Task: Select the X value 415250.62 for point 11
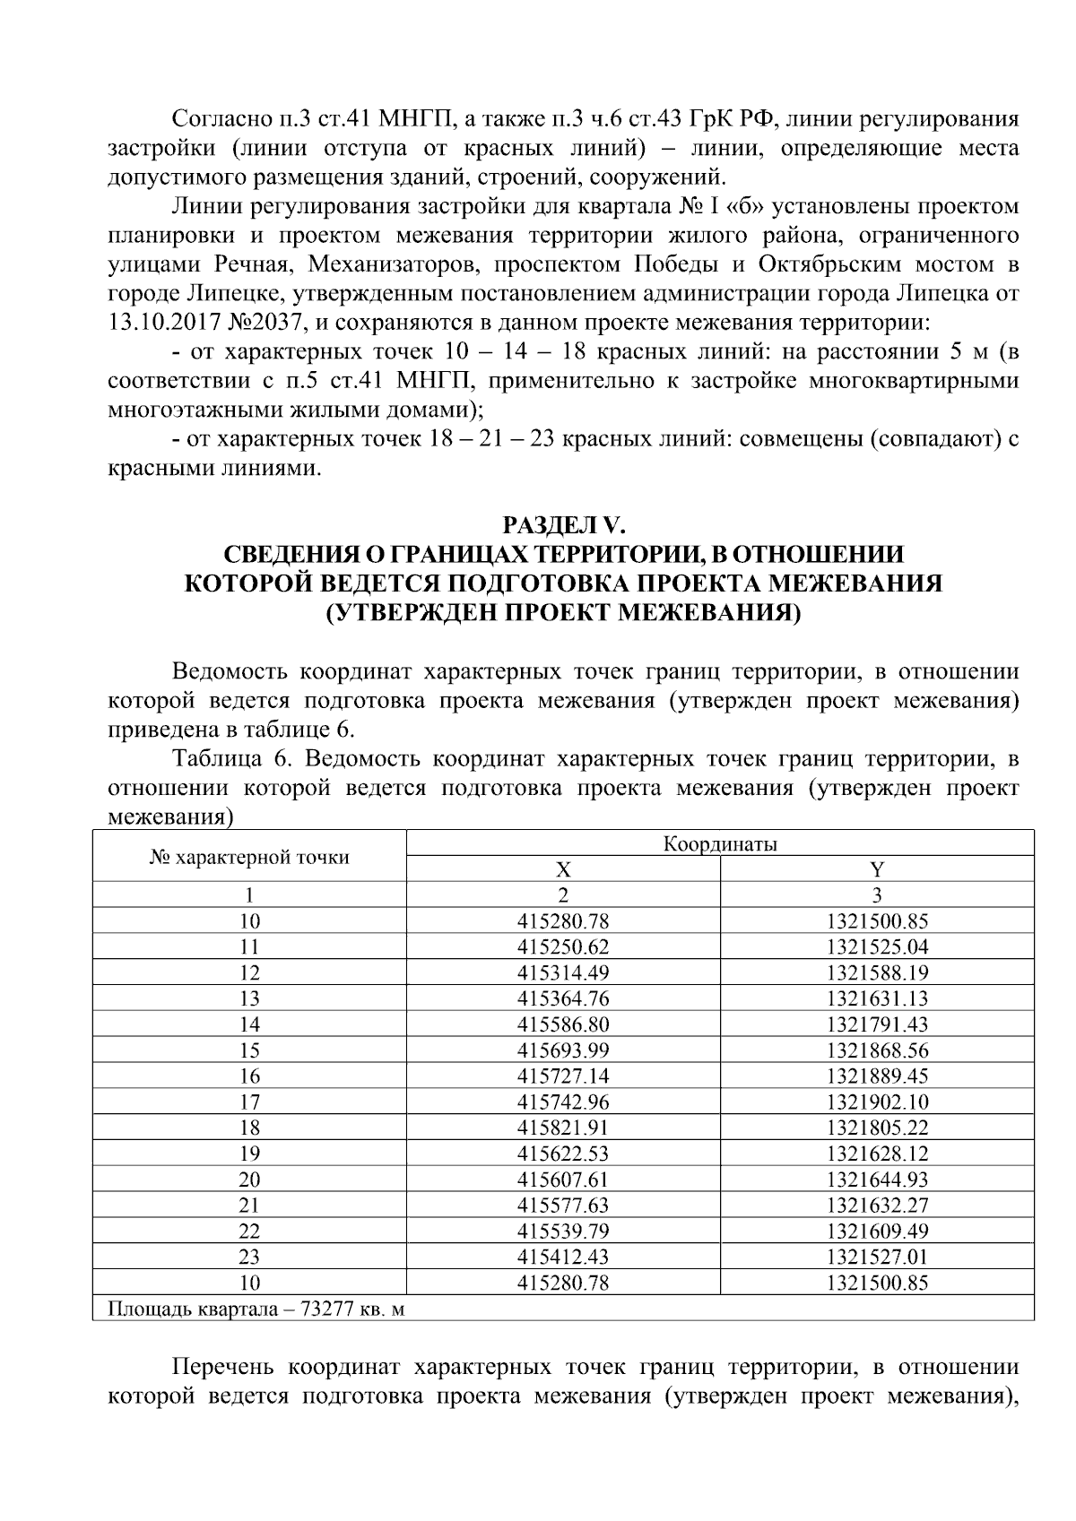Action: click(562, 946)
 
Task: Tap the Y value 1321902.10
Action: click(877, 1102)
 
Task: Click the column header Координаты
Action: click(719, 843)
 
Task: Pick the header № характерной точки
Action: click(249, 857)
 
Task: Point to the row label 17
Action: click(249, 1102)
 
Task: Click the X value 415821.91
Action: click(562, 1128)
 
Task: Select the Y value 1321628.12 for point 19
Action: click(877, 1154)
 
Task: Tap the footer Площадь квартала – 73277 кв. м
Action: click(256, 1309)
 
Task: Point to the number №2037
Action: click(261, 322)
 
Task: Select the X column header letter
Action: click(562, 869)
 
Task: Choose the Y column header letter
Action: click(877, 869)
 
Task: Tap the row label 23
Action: click(249, 1257)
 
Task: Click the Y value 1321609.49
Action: click(877, 1231)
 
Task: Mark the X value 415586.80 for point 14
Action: click(562, 1024)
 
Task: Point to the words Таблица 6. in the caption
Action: click(233, 759)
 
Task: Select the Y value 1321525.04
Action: click(877, 946)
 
